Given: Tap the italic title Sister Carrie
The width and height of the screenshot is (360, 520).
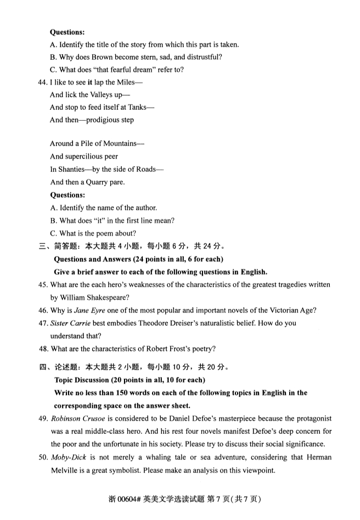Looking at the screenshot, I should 70,323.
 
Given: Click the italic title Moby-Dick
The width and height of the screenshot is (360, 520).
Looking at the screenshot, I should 69,457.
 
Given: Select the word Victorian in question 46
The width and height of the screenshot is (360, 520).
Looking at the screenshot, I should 280,310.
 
